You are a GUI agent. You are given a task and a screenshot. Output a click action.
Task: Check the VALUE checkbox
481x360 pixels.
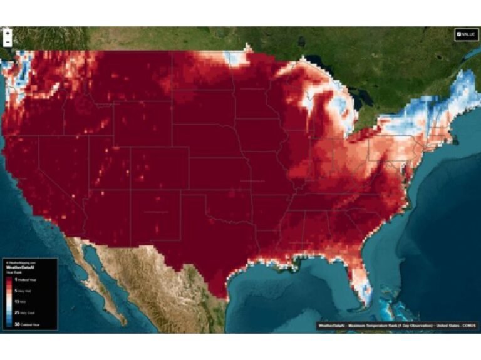click(x=459, y=34)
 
